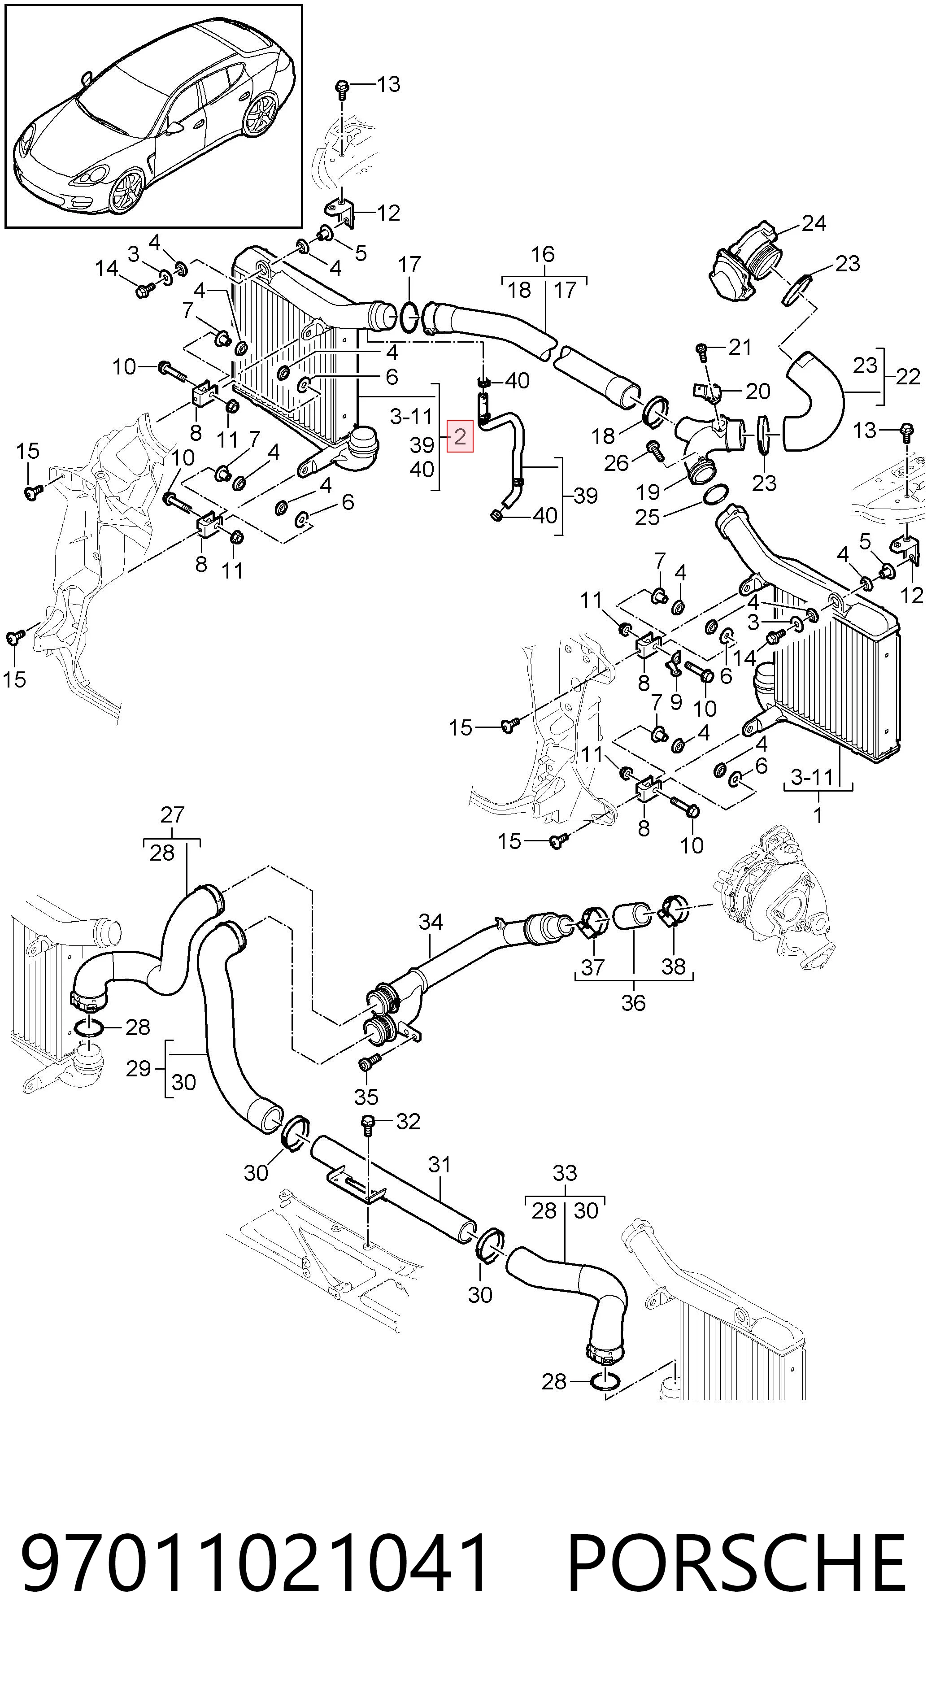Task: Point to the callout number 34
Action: [431, 922]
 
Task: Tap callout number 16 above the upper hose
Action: [543, 254]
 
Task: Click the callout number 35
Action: [366, 1096]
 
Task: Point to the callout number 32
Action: [408, 1121]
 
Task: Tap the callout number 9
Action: [676, 701]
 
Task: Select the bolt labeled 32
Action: [368, 1125]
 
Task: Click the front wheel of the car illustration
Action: [127, 190]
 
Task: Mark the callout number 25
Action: [648, 517]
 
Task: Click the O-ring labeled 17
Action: [410, 318]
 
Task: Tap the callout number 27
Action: [172, 815]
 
